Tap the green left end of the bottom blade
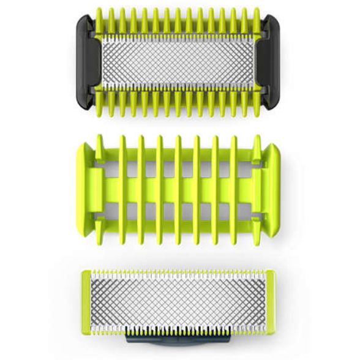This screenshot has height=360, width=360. click(x=88, y=300)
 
